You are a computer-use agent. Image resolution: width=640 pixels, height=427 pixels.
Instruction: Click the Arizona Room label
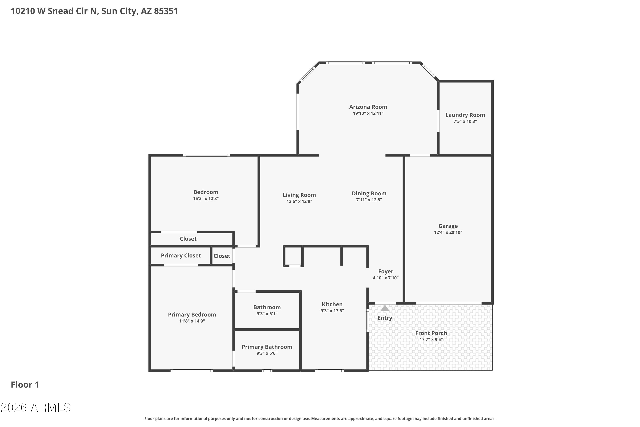pyautogui.click(x=368, y=107)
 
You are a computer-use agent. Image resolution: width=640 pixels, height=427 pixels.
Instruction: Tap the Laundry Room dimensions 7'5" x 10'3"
pyautogui.click(x=465, y=121)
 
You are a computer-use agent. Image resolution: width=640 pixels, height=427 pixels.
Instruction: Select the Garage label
pyautogui.click(x=448, y=226)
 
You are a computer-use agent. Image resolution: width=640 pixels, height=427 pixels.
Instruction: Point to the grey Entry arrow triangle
pyautogui.click(x=385, y=308)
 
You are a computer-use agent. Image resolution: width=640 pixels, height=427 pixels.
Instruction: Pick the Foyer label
pyautogui.click(x=385, y=272)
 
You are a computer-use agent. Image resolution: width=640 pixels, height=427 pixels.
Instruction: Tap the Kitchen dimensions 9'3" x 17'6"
pyautogui.click(x=332, y=311)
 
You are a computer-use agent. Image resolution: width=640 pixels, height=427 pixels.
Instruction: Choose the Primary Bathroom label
pyautogui.click(x=267, y=347)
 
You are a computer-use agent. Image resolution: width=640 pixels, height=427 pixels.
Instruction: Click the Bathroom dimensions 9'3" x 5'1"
pyautogui.click(x=267, y=314)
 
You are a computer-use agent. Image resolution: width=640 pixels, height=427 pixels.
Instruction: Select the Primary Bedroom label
pyautogui.click(x=192, y=314)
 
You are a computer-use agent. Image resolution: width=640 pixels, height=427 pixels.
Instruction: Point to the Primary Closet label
pyautogui.click(x=181, y=255)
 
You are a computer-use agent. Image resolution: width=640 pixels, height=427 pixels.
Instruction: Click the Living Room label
pyautogui.click(x=299, y=195)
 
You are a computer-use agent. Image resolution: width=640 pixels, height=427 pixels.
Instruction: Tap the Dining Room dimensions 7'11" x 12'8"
pyautogui.click(x=369, y=200)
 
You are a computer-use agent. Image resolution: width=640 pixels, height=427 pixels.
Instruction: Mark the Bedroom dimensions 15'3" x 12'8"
pyautogui.click(x=206, y=199)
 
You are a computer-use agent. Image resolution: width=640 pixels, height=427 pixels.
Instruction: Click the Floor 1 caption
pyautogui.click(x=25, y=385)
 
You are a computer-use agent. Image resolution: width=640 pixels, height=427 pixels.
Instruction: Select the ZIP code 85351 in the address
pyautogui.click(x=166, y=11)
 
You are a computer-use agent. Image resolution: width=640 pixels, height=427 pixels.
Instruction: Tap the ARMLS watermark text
pyautogui.click(x=36, y=408)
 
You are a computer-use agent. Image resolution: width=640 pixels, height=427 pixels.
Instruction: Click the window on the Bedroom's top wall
pyautogui.click(x=206, y=155)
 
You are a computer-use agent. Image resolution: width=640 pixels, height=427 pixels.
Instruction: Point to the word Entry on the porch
pyautogui.click(x=385, y=318)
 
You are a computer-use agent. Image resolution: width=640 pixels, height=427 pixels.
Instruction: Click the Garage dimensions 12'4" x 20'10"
pyautogui.click(x=448, y=232)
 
